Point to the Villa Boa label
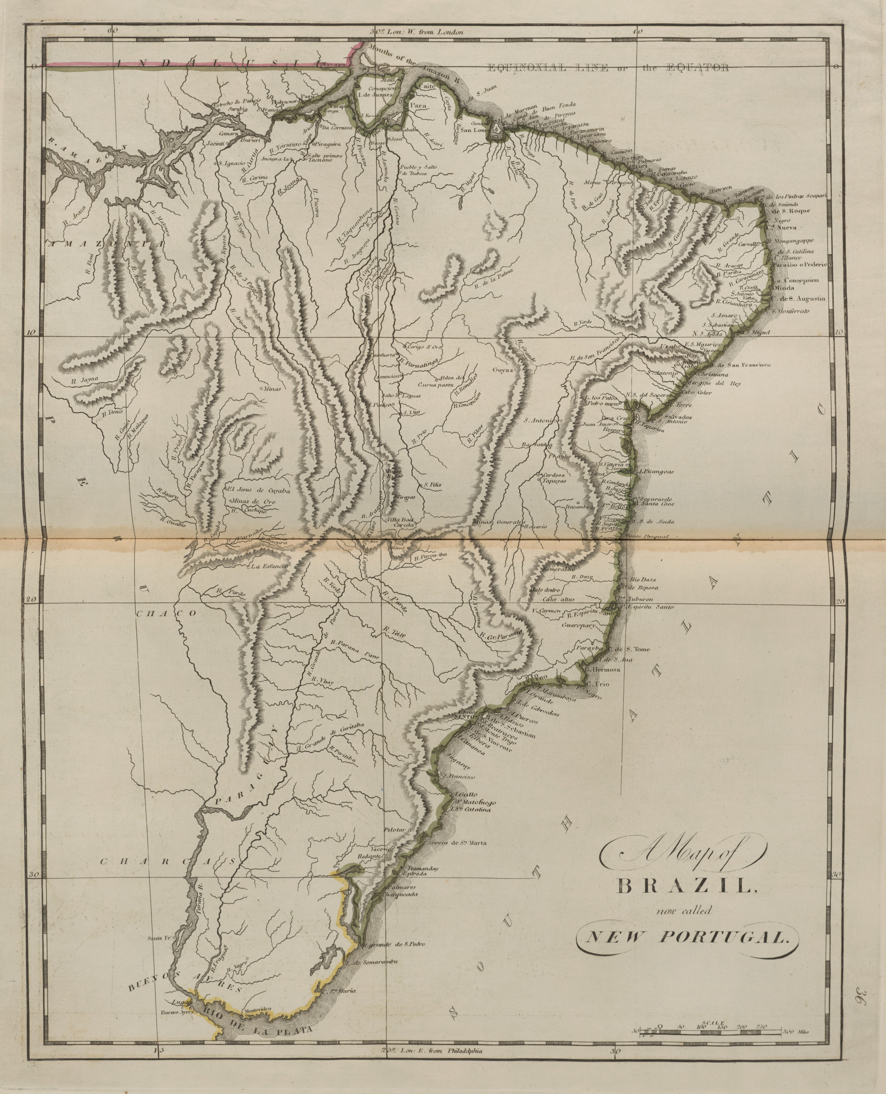402,520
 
